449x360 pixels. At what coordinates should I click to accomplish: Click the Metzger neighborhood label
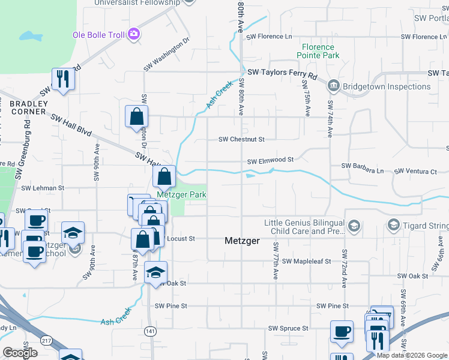242,241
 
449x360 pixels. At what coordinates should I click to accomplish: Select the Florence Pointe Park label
318,51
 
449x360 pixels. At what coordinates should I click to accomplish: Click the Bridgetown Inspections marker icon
333,86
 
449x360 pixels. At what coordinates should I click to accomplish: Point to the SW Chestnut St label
241,139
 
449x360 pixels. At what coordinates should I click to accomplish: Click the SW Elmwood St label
270,160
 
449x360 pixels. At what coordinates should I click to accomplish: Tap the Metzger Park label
181,194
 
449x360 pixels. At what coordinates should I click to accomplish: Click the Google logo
20,353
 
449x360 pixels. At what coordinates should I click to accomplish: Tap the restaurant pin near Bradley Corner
62,78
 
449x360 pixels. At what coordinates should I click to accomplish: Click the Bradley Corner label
28,107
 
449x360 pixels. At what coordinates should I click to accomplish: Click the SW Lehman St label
43,188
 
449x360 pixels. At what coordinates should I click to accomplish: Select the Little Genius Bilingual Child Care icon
354,226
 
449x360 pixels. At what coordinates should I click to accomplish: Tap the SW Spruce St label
288,328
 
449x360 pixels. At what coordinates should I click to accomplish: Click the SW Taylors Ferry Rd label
282,73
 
